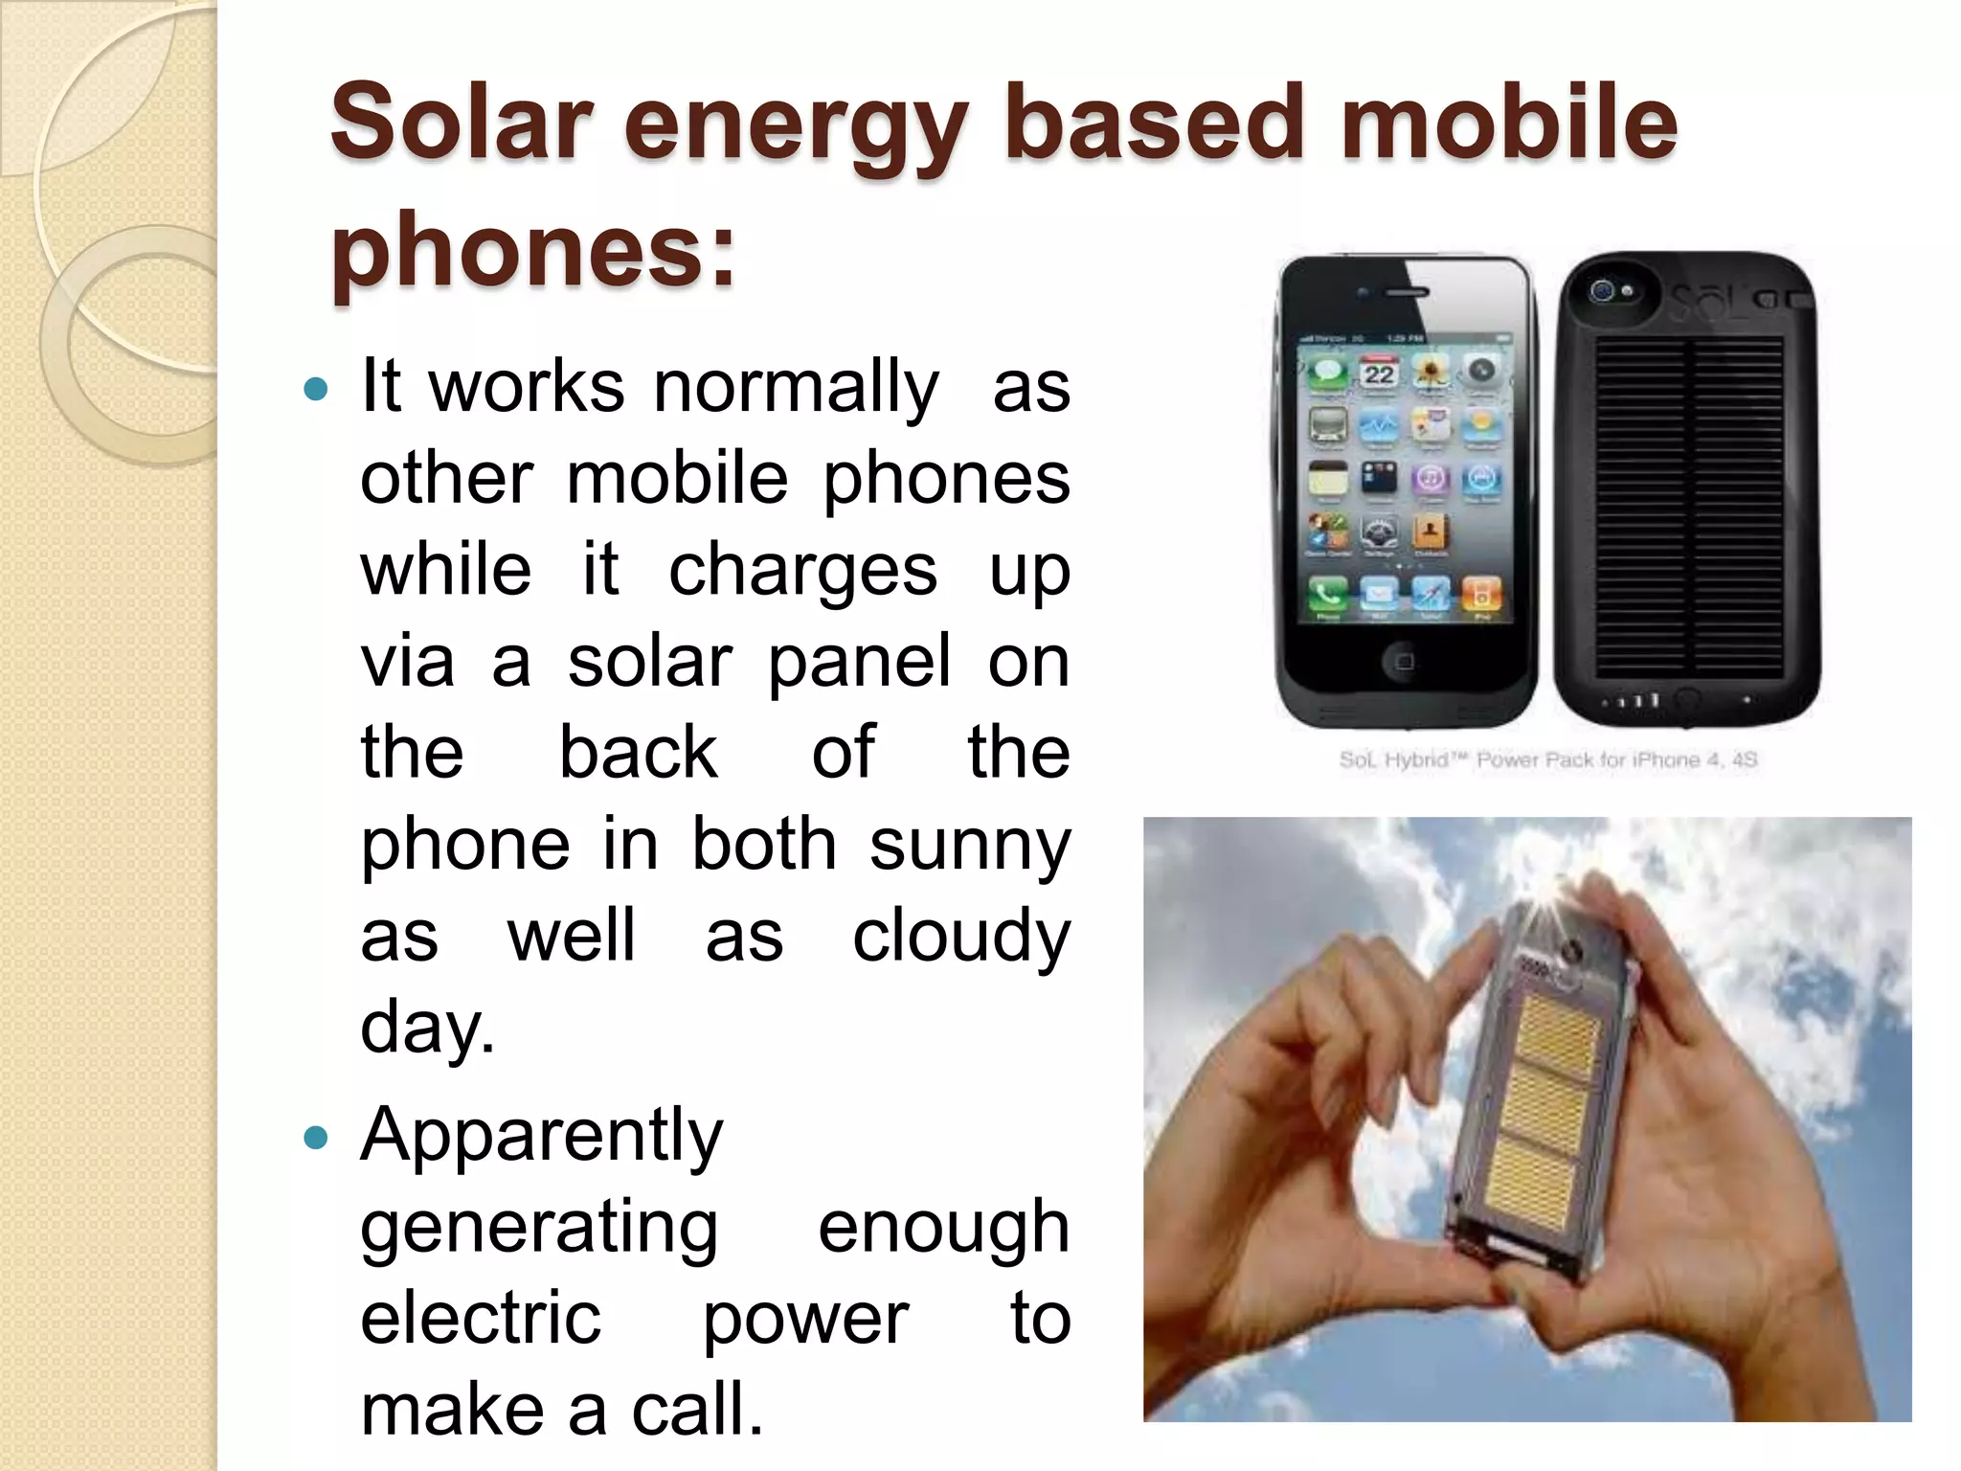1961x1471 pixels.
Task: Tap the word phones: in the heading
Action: pos(532,251)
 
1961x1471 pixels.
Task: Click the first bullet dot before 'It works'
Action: pos(315,390)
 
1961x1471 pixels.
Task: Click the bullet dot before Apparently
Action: pos(315,1139)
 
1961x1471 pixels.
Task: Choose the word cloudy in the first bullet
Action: pos(960,938)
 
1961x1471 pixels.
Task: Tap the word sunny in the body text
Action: pos(969,847)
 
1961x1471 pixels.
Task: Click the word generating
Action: pos(538,1229)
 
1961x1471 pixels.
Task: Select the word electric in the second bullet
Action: pos(481,1319)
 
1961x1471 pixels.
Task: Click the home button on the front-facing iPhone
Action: pos(1404,662)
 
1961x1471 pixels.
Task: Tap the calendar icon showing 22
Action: pos(1379,373)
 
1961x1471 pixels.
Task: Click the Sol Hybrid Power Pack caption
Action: pos(1547,759)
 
